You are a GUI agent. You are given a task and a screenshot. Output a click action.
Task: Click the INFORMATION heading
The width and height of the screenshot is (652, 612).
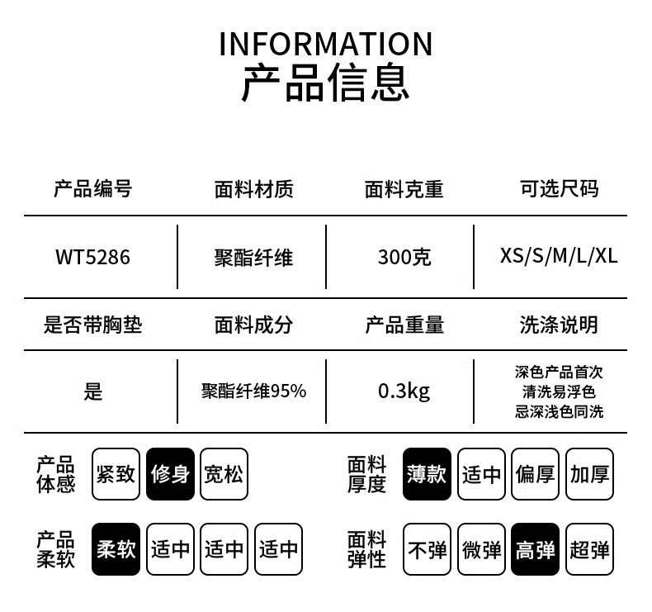point(325,44)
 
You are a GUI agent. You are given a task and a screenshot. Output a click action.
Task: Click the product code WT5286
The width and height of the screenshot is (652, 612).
point(92,257)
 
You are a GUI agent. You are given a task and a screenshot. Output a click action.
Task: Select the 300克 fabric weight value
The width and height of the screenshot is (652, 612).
point(404,257)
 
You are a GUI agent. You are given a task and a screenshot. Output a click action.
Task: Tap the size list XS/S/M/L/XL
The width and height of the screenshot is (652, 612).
point(559,256)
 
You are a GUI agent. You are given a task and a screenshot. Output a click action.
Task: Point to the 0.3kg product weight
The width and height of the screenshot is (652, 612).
point(404,391)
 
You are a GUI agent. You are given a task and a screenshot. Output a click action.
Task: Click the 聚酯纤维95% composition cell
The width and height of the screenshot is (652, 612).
point(253,391)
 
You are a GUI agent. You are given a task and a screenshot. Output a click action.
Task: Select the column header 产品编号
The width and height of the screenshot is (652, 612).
point(92,189)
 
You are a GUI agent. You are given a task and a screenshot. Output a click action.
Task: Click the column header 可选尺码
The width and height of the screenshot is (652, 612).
point(560,189)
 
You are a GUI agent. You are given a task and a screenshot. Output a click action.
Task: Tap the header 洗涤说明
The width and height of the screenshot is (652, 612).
point(559,325)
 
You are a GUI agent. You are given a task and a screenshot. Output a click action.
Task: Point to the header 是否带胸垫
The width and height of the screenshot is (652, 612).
point(92,325)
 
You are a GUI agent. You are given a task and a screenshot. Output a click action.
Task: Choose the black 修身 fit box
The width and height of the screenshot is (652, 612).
point(170,474)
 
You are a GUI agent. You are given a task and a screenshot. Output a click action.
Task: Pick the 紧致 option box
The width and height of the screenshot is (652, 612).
point(116,474)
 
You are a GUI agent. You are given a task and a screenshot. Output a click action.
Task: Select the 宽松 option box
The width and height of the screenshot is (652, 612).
point(224,474)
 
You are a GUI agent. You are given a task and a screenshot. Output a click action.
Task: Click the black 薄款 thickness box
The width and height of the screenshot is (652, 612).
point(427,474)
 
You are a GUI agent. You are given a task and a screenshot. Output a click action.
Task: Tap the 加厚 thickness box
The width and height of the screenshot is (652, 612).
point(589,474)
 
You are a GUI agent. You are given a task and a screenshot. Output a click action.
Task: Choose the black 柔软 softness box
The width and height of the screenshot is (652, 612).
point(116,549)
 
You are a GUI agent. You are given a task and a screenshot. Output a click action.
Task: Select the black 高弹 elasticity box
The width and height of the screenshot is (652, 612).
point(535,549)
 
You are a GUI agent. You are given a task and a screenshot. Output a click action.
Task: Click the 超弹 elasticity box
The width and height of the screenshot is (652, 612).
point(589,549)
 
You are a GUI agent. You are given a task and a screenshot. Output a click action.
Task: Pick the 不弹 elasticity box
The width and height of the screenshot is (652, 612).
point(427,549)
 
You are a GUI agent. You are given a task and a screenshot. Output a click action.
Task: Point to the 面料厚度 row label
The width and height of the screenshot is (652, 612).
point(366,474)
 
